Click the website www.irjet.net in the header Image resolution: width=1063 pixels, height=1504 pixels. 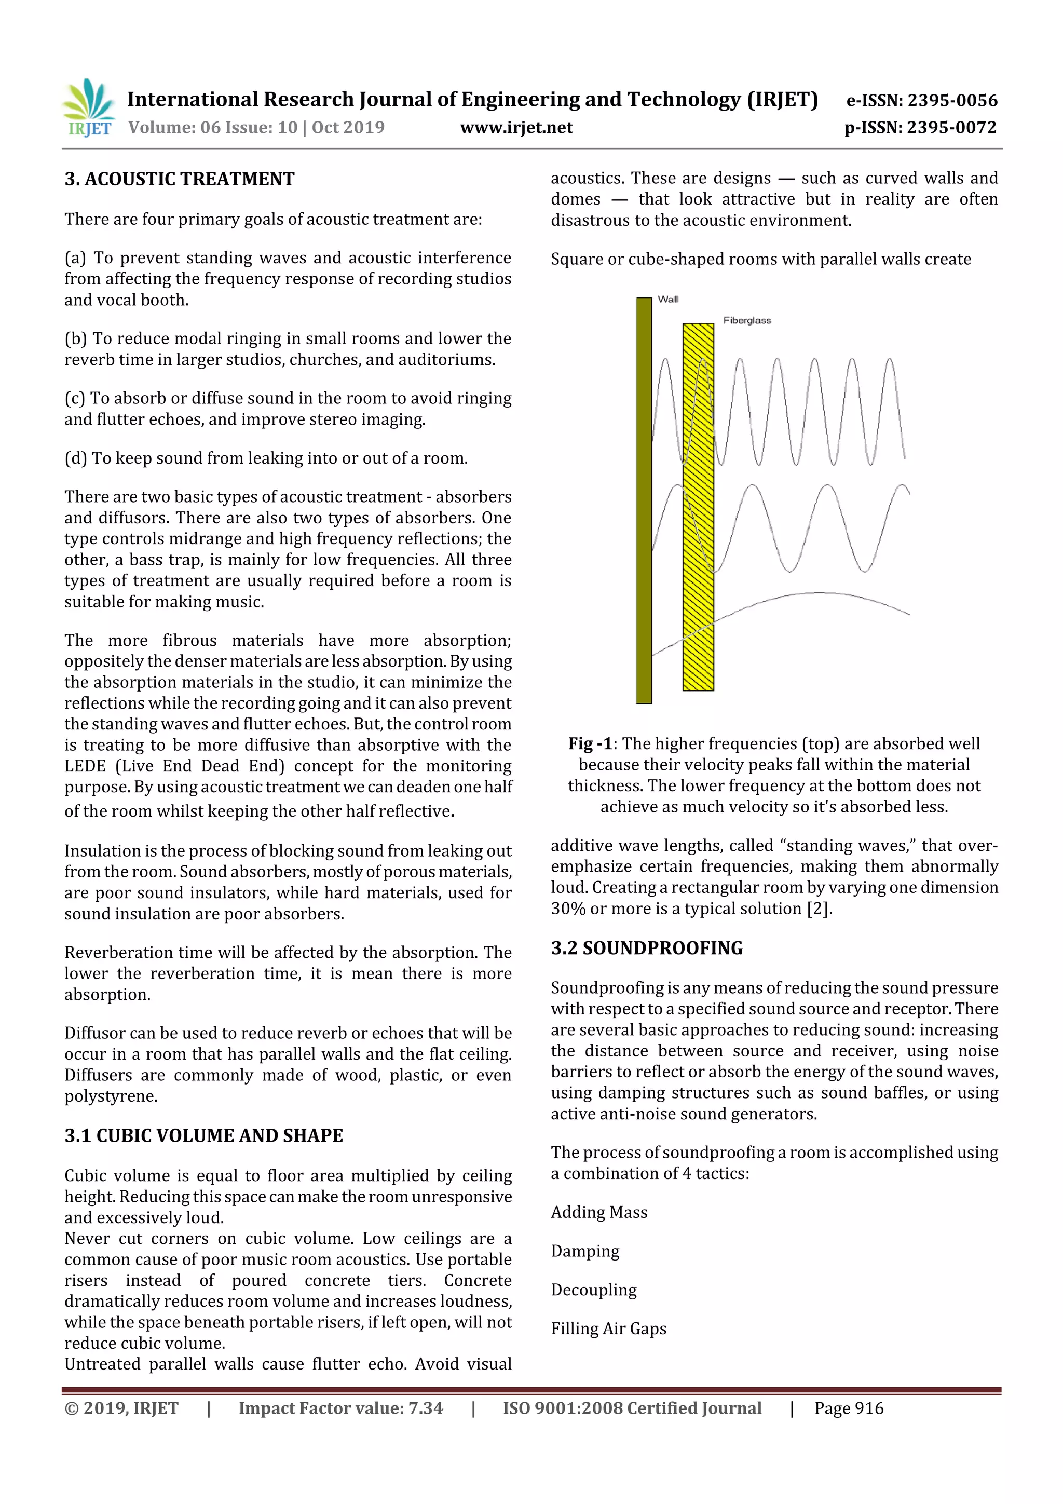516,127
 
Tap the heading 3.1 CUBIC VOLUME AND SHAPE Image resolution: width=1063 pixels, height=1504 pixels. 203,1135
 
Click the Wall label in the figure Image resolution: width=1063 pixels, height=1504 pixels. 667,300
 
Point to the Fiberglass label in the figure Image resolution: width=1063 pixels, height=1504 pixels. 747,320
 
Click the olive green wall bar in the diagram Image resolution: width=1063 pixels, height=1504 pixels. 644,501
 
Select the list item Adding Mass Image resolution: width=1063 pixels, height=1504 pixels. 598,1212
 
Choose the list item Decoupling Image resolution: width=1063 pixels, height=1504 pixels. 593,1290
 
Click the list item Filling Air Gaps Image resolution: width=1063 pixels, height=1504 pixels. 608,1329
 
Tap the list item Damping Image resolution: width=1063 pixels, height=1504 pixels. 585,1251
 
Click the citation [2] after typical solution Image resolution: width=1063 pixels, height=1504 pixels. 819,909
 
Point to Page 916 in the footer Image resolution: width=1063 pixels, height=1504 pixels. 849,1408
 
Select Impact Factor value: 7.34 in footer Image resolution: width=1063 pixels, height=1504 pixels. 340,1408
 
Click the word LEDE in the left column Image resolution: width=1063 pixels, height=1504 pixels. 85,766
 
